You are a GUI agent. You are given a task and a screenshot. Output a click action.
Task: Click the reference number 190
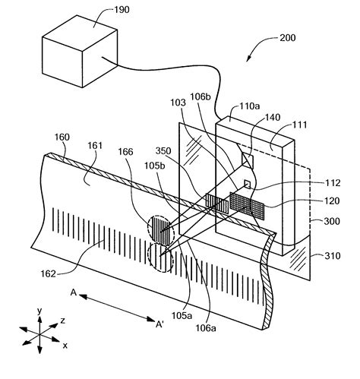click(x=122, y=10)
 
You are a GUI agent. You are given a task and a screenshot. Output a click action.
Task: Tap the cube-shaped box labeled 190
click(x=80, y=52)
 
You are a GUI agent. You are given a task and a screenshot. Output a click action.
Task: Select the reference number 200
click(x=288, y=38)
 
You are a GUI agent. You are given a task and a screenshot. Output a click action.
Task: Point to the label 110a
click(x=250, y=106)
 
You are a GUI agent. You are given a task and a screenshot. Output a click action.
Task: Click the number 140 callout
click(x=273, y=117)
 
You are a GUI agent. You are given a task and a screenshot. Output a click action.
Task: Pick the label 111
click(x=299, y=125)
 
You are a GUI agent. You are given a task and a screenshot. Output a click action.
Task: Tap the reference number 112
click(x=333, y=183)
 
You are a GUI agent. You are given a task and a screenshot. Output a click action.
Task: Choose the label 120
click(x=332, y=201)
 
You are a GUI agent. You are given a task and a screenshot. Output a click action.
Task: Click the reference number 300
click(x=332, y=221)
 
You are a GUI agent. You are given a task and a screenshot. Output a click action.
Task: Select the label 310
click(x=333, y=256)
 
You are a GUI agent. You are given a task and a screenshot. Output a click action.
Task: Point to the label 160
click(x=62, y=137)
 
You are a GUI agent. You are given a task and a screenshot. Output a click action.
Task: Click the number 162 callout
click(x=48, y=274)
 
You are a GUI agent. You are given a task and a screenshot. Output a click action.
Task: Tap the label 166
click(x=125, y=152)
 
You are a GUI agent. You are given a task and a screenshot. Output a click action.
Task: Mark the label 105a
click(x=182, y=316)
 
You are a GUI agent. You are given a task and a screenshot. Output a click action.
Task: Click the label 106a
click(x=206, y=328)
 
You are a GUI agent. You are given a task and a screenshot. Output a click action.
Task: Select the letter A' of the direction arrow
click(x=159, y=324)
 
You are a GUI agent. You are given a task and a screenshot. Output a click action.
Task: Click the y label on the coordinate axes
click(x=39, y=311)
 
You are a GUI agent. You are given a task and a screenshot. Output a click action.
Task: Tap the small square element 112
click(x=247, y=185)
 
